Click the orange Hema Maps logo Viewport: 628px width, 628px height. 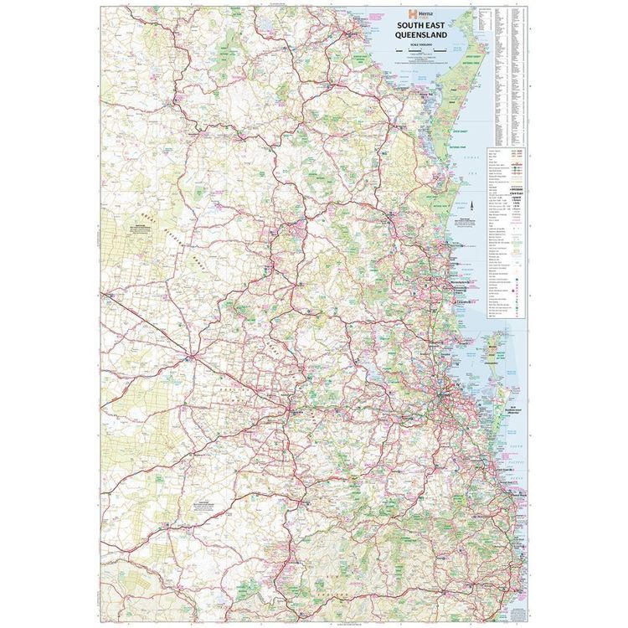click(412, 14)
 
